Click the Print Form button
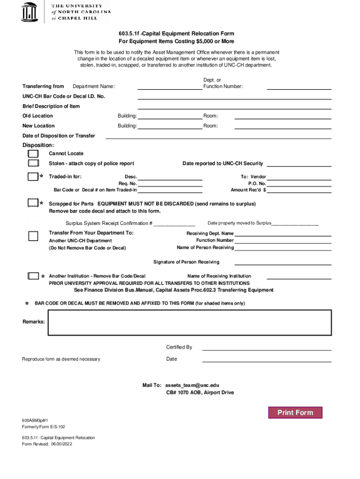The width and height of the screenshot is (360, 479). tap(295, 412)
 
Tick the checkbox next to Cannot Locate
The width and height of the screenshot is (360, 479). tap(33, 153)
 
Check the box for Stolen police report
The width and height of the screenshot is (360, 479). tap(33, 163)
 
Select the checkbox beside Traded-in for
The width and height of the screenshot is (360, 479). tap(33, 176)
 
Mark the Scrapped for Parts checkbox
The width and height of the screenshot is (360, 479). tap(33, 203)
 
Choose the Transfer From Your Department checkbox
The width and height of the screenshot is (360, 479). tap(33, 236)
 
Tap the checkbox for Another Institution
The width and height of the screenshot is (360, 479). tap(33, 276)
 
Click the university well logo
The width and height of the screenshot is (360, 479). tap(29, 11)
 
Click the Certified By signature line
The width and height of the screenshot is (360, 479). tap(266, 348)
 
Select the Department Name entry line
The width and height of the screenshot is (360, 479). tap(169, 87)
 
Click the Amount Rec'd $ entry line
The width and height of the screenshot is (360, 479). tap(299, 190)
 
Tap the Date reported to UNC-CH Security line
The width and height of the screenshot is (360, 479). tap(299, 164)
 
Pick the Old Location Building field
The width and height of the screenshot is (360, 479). tap(170, 116)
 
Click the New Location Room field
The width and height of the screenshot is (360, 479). tap(283, 126)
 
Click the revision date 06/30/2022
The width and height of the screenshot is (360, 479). tap(60, 444)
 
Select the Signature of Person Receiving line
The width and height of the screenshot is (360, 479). tap(283, 262)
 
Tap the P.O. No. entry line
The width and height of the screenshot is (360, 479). tap(299, 184)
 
